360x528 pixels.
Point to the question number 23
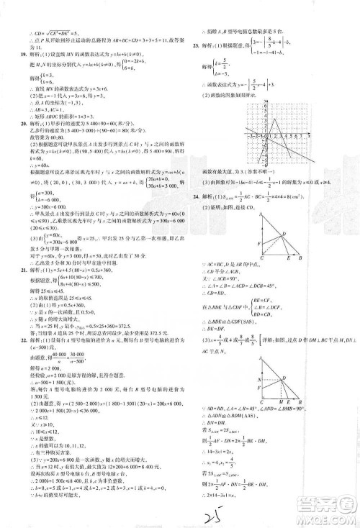[x=194, y=44]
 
